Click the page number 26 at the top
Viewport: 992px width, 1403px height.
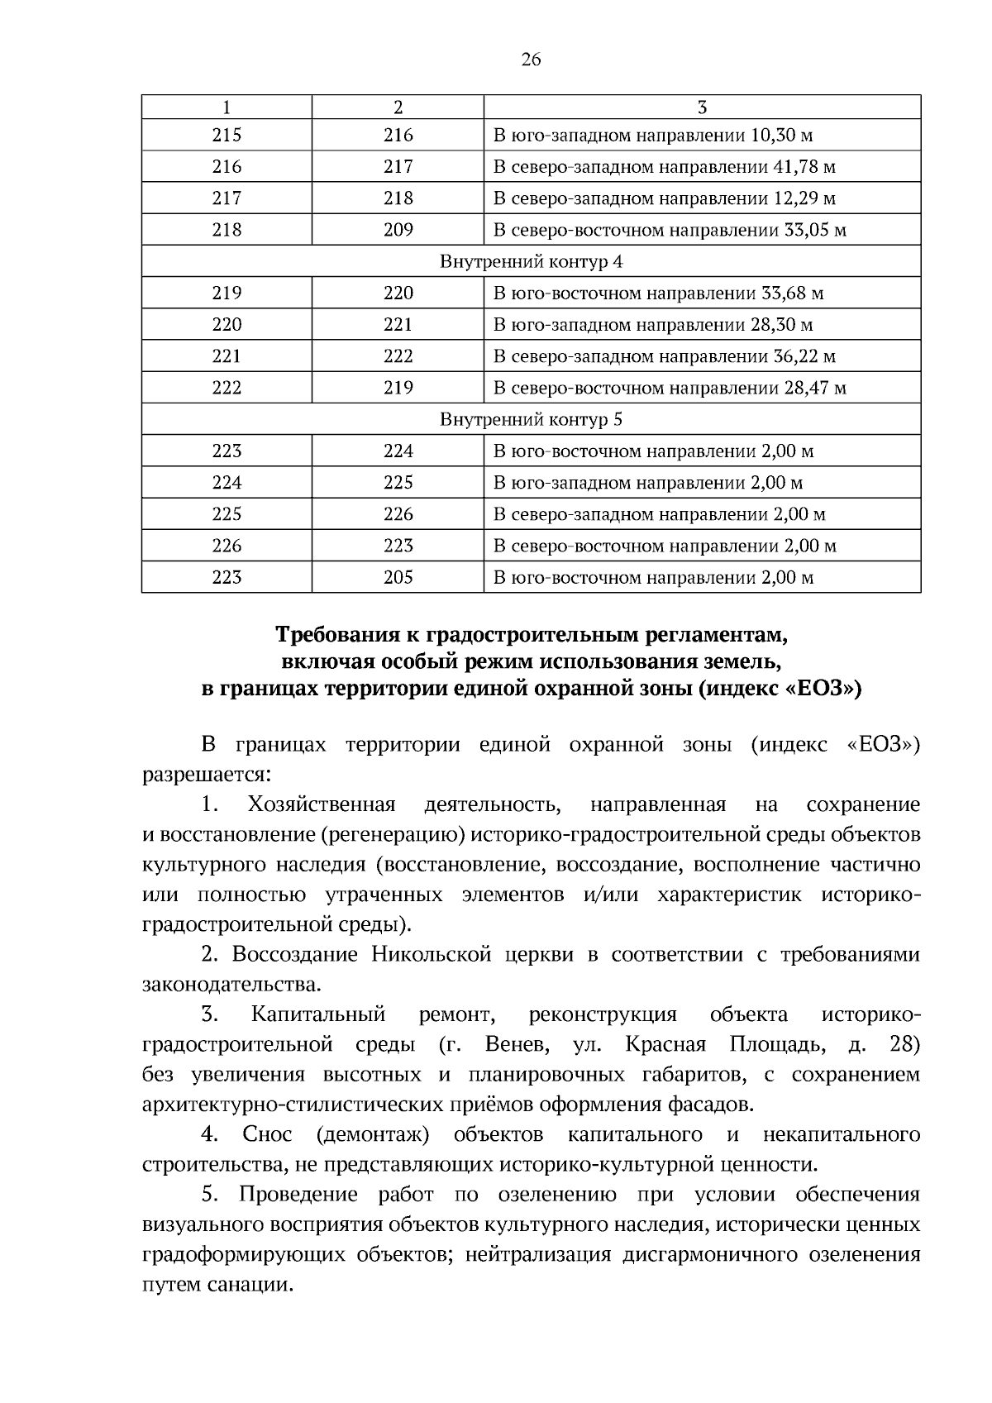[x=531, y=60]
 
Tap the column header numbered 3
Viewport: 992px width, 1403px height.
[x=702, y=107]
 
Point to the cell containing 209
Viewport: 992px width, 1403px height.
[x=398, y=230]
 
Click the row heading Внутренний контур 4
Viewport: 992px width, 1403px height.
[x=531, y=262]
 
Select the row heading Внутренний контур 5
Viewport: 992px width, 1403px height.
[x=531, y=419]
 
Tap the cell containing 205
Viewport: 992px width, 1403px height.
[x=398, y=577]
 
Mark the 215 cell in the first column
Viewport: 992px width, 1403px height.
[x=227, y=136]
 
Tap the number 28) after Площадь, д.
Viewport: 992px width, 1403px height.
[x=904, y=1045]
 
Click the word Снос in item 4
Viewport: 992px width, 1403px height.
[x=267, y=1134]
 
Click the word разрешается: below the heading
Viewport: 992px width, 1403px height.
[x=206, y=775]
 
